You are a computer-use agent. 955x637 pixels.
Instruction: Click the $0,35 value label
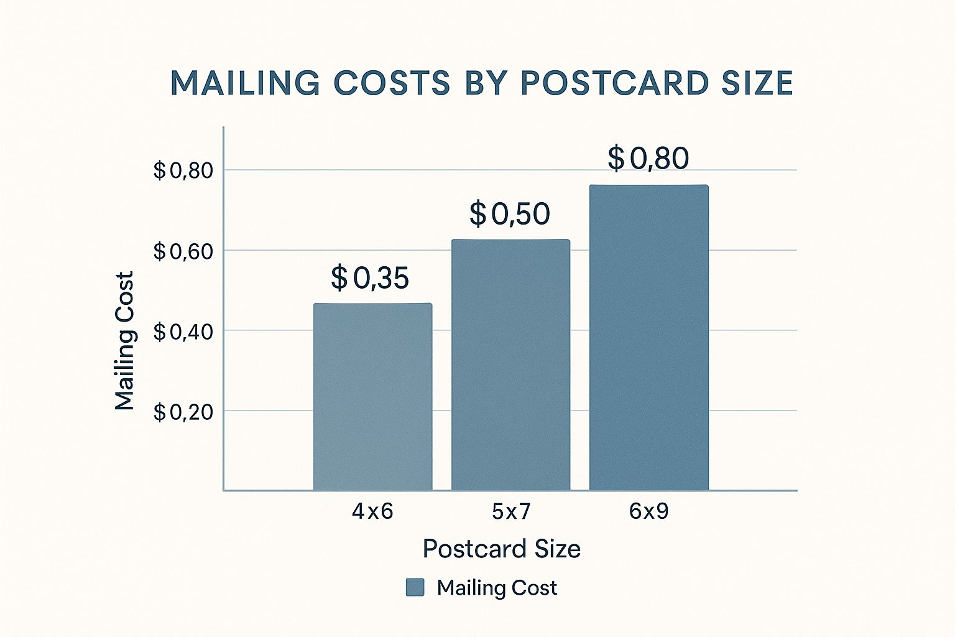[x=370, y=278]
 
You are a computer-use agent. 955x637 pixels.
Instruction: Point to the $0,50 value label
[x=510, y=214]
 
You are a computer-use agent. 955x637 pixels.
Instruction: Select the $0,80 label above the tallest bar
[x=648, y=158]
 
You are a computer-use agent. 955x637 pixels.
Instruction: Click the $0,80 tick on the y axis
[x=183, y=170]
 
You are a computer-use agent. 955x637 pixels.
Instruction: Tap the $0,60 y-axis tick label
[x=183, y=251]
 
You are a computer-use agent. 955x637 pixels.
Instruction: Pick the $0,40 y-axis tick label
[x=183, y=332]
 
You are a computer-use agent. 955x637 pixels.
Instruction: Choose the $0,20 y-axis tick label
[x=183, y=412]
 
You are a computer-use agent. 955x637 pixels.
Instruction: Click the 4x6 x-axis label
[x=372, y=511]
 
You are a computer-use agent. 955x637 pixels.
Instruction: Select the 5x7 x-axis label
[x=511, y=511]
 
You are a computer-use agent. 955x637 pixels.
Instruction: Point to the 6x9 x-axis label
[x=648, y=511]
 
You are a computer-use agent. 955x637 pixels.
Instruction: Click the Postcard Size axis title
[x=502, y=549]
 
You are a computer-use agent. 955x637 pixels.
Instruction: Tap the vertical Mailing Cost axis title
[x=125, y=341]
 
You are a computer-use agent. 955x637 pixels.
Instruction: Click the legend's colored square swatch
[x=415, y=587]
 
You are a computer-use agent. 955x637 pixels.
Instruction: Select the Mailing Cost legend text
[x=497, y=588]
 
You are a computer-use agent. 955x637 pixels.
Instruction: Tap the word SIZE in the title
[x=757, y=83]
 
